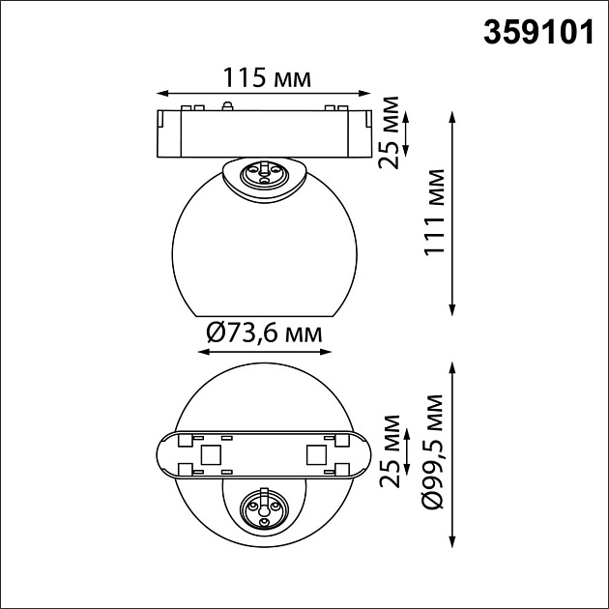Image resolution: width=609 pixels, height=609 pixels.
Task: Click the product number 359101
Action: (x=538, y=33)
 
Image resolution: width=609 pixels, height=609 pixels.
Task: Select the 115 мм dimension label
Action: (x=267, y=77)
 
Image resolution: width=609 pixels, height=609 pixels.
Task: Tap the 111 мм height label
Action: (x=433, y=212)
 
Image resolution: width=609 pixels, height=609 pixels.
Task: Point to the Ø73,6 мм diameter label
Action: (x=264, y=333)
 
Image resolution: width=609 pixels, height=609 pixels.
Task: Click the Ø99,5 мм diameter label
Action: (x=433, y=451)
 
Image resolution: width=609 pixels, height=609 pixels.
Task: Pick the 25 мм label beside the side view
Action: (x=389, y=132)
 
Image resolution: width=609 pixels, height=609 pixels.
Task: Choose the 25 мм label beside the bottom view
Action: (x=390, y=451)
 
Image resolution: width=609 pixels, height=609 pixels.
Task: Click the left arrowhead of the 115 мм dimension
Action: (x=162, y=93)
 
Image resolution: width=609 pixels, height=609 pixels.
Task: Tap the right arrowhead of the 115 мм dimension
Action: (x=364, y=93)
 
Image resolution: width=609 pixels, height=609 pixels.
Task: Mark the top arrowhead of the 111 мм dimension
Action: (x=451, y=117)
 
